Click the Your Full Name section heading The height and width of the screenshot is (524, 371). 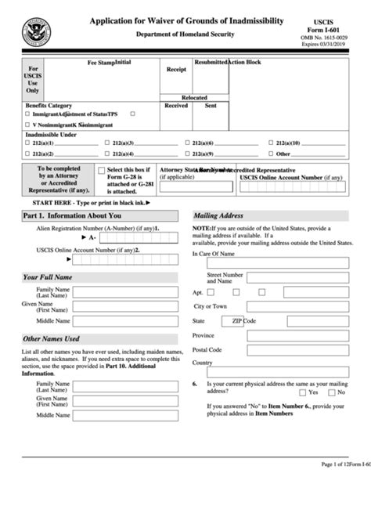pos(48,277)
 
